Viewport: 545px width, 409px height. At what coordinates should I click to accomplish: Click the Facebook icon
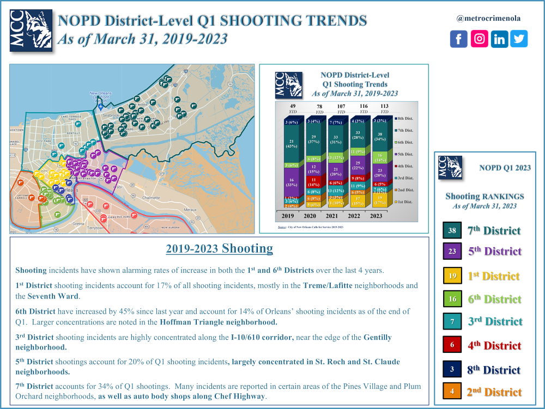click(459, 39)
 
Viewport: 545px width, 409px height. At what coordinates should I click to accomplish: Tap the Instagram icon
click(479, 39)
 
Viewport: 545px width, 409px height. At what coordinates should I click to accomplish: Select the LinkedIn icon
click(499, 39)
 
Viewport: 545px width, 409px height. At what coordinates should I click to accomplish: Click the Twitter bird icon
click(519, 39)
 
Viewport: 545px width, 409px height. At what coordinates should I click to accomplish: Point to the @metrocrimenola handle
click(488, 18)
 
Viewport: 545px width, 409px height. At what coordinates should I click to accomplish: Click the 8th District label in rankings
click(494, 369)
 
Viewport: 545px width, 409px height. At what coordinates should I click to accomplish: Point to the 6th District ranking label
click(494, 299)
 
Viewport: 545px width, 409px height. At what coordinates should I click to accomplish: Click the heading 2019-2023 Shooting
click(219, 249)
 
